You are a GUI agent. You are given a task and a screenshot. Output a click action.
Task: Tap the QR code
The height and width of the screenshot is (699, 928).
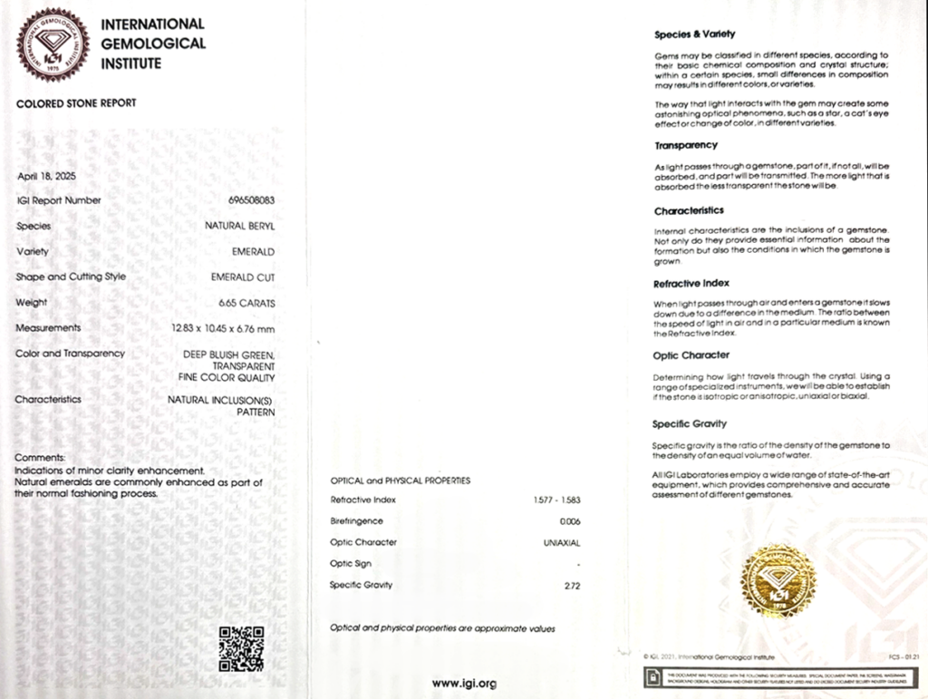tap(241, 648)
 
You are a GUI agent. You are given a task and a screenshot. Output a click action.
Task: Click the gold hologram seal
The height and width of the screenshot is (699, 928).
tap(778, 580)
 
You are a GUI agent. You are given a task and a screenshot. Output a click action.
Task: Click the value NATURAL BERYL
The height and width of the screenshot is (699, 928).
tap(240, 226)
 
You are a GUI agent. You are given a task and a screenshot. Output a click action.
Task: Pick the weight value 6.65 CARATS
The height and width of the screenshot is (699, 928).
tap(246, 303)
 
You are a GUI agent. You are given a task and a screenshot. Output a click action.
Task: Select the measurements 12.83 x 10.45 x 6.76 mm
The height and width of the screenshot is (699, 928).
tap(223, 328)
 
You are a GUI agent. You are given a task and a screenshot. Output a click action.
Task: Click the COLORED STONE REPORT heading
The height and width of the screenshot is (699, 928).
tap(76, 103)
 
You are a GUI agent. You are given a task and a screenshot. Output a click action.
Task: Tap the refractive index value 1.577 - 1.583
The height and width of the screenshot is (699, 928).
tap(557, 500)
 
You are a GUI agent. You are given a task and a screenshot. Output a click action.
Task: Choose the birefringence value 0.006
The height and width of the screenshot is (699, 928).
tap(570, 521)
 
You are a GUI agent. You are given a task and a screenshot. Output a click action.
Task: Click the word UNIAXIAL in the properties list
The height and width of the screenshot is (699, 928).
tap(559, 543)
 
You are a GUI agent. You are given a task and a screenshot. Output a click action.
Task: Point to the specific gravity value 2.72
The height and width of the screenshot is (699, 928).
tap(572, 586)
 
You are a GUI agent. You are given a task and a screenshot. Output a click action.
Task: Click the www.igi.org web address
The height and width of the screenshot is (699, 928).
tap(464, 683)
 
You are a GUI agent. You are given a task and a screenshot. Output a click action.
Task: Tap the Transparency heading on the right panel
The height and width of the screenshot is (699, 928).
tap(685, 145)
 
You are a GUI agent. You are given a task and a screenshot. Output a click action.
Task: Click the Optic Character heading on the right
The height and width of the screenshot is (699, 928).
tap(691, 355)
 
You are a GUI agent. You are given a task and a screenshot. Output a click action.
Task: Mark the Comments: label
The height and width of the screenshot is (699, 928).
tap(40, 459)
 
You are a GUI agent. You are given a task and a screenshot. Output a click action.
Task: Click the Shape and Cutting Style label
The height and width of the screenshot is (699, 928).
tap(71, 277)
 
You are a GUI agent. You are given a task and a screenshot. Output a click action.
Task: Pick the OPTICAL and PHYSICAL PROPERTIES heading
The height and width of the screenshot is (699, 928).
tap(400, 480)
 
